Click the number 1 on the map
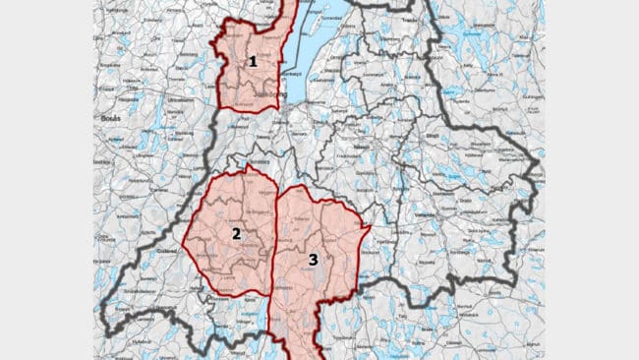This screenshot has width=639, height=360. pos(253,61)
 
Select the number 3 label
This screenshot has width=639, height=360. pos(313,260)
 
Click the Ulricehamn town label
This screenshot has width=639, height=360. pos(179,100)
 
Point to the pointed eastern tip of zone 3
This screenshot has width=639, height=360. pos(370,229)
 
